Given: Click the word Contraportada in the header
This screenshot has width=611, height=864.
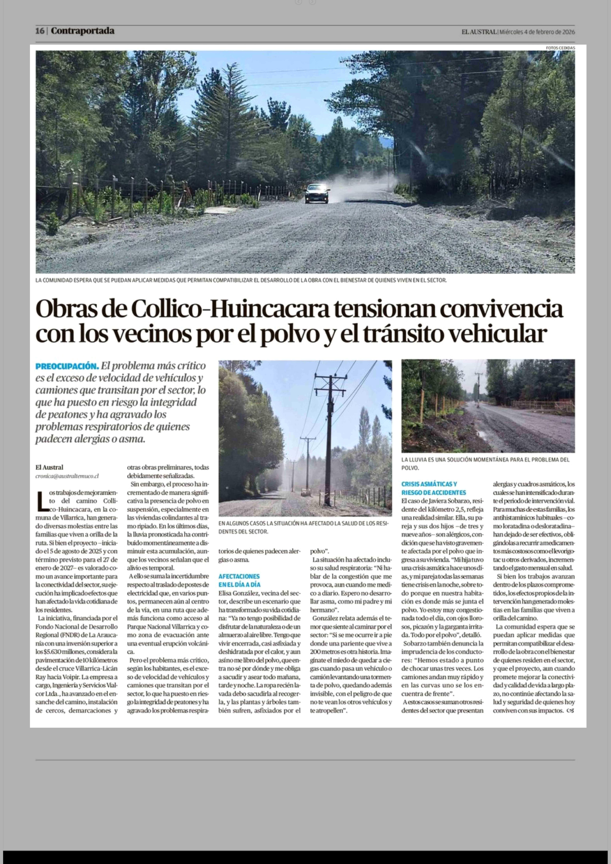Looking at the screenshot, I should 82,31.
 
